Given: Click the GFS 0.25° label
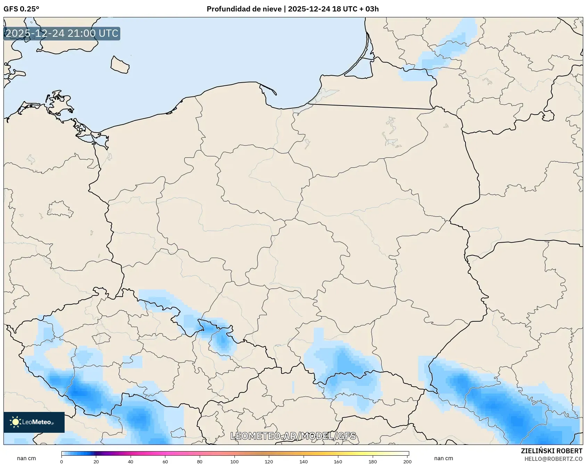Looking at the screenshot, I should pyautogui.click(x=21, y=9).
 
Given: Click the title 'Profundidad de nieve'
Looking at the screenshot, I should pyautogui.click(x=244, y=9).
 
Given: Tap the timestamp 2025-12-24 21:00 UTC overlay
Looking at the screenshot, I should pyautogui.click(x=62, y=33).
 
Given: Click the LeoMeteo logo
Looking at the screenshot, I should pyautogui.click(x=34, y=422).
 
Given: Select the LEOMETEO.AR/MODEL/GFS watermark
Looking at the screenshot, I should pyautogui.click(x=293, y=436).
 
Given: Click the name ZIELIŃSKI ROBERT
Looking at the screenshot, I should pyautogui.click(x=551, y=451).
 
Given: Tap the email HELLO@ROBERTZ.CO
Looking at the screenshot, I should pyautogui.click(x=553, y=459).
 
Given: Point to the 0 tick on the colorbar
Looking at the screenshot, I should pyautogui.click(x=61, y=462).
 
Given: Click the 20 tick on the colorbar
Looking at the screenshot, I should pyautogui.click(x=96, y=462).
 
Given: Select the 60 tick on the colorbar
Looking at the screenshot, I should pyautogui.click(x=165, y=462).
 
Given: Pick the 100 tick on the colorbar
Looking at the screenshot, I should pyautogui.click(x=234, y=462).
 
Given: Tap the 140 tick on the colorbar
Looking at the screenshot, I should pyautogui.click(x=304, y=462).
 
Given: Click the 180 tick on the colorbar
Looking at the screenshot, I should pyautogui.click(x=373, y=462).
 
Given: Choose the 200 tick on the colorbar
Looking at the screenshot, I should pyautogui.click(x=407, y=462).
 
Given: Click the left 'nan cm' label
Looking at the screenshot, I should pyautogui.click(x=26, y=458).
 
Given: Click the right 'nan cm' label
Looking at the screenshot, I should pyautogui.click(x=444, y=458).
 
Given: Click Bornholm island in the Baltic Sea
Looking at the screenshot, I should pyautogui.click(x=120, y=65).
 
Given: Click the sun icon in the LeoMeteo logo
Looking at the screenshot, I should pyautogui.click(x=15, y=422).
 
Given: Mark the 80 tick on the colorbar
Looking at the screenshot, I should pyautogui.click(x=200, y=462).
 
